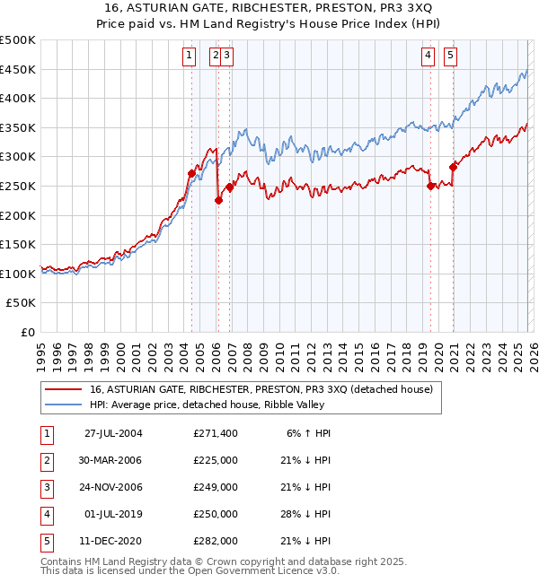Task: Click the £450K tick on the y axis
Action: pos(18,69)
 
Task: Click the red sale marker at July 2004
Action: pos(191,173)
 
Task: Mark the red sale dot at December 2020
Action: pos(453,167)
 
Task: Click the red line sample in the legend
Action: pos(66,389)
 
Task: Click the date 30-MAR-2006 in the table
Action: pos(113,460)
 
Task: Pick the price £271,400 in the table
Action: pos(215,433)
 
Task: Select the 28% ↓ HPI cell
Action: pos(306,514)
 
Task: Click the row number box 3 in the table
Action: pos(46,487)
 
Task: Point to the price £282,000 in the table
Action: pos(215,541)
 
